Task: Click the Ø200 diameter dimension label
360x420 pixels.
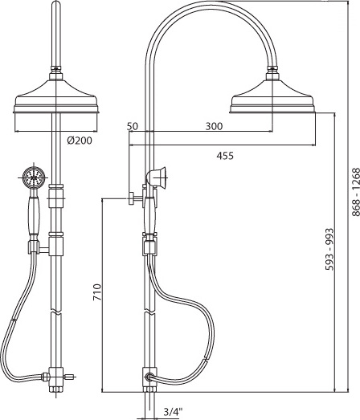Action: click(x=80, y=141)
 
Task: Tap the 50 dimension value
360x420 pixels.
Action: click(x=133, y=126)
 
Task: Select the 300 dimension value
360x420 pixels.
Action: click(x=214, y=126)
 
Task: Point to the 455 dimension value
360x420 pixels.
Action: click(x=225, y=156)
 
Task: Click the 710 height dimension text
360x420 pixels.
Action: click(x=97, y=292)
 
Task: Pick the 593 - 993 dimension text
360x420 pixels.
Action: click(x=329, y=249)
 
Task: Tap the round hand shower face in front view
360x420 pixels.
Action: click(x=34, y=177)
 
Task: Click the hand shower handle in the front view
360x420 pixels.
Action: click(x=34, y=217)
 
